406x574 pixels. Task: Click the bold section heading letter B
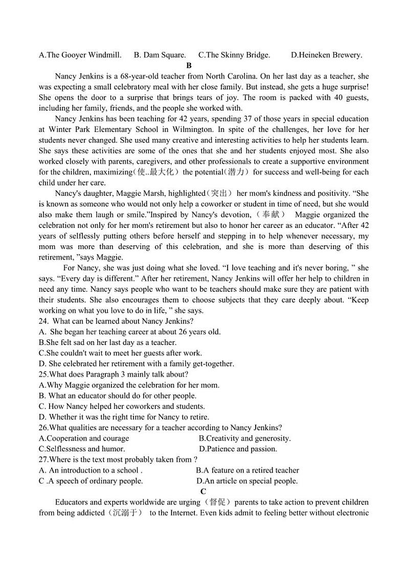point(189,65)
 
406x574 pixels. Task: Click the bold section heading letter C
point(203,492)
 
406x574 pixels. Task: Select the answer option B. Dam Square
point(160,55)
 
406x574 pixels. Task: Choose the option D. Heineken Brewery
point(326,55)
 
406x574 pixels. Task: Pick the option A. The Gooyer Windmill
point(80,55)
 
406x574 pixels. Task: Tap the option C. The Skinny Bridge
point(234,55)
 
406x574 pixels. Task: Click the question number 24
point(43,321)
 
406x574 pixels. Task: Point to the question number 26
point(43,427)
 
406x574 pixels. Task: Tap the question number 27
point(43,460)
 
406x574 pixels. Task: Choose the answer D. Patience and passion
point(238,449)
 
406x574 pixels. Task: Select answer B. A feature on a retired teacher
point(247,470)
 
